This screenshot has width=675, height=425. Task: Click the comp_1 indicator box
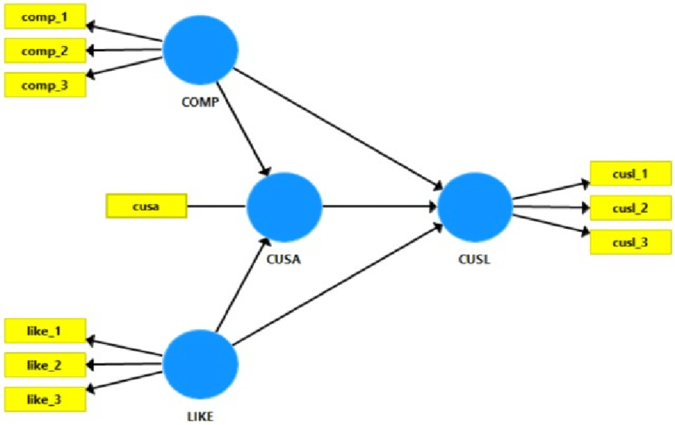pos(44,17)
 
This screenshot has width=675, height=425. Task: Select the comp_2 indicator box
pos(44,51)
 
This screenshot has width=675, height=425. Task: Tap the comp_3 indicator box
pos(44,84)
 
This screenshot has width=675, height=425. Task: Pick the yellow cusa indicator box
pos(146,207)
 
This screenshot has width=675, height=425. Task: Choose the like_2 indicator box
pos(44,365)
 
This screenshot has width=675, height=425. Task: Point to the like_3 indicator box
pos(44,399)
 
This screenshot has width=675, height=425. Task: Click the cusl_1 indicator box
pos(631,174)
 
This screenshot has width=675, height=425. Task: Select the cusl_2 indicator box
pos(631,208)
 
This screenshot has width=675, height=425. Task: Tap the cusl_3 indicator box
pos(631,241)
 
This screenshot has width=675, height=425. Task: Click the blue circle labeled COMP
pos(201,50)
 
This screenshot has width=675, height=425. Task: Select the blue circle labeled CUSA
pos(284,206)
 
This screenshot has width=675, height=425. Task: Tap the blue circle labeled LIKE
pos(201,365)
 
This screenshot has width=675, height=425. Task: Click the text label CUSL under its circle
pos(475,258)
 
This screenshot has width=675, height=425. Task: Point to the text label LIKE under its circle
pos(201,415)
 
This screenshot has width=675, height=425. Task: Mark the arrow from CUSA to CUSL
pos(380,207)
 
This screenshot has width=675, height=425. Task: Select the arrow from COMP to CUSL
pos(337,127)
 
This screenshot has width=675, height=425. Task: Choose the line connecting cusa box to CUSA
pos(216,207)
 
